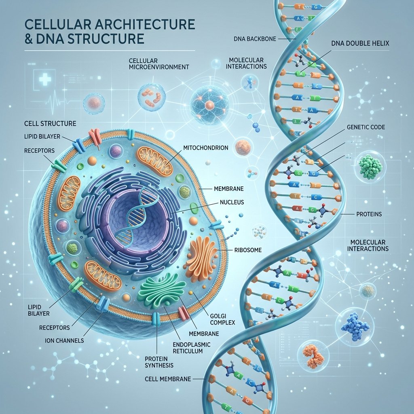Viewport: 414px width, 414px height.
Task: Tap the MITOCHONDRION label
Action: point(206,148)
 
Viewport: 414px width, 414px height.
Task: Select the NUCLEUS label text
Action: point(232,203)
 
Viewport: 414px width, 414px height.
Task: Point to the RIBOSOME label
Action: point(248,250)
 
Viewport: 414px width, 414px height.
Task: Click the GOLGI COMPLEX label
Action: point(223,319)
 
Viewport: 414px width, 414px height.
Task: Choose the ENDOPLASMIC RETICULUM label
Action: point(191,348)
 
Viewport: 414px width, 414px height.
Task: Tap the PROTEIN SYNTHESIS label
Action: point(159,362)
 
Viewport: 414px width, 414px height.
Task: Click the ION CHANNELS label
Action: point(64,340)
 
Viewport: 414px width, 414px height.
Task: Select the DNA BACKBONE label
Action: point(255,39)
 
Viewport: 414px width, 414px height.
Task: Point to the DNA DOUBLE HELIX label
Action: point(360,43)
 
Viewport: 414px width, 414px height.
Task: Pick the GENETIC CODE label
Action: point(365,127)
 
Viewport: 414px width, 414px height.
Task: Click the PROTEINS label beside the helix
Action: point(369,214)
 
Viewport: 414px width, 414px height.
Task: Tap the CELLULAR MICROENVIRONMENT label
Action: point(159,63)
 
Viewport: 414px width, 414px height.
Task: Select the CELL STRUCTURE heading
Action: point(50,124)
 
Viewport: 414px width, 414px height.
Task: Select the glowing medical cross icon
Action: point(45,78)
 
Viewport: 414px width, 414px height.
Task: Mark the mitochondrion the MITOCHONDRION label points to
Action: point(154,162)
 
